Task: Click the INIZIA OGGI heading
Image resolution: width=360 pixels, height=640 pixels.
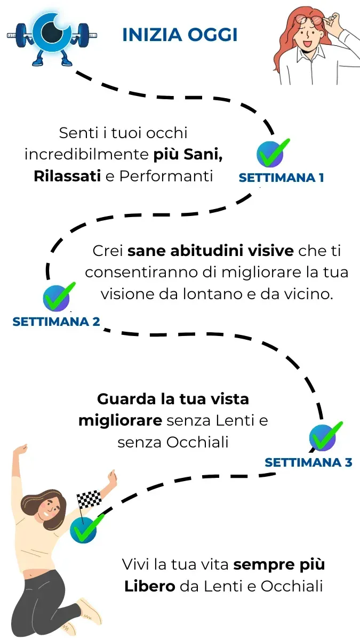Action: [180, 35]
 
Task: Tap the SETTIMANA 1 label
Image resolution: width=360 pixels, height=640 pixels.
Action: [281, 178]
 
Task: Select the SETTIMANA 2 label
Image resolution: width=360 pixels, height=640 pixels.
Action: [56, 322]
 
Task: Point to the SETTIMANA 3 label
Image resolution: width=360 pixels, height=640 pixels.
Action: [308, 462]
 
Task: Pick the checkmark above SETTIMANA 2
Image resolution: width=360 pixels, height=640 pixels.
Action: [57, 298]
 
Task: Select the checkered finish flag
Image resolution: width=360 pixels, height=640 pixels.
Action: [88, 499]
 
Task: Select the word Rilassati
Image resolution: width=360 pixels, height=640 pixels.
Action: [67, 176]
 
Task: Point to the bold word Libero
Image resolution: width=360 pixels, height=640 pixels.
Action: [150, 586]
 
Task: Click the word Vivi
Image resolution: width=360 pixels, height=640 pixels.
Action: [135, 564]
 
